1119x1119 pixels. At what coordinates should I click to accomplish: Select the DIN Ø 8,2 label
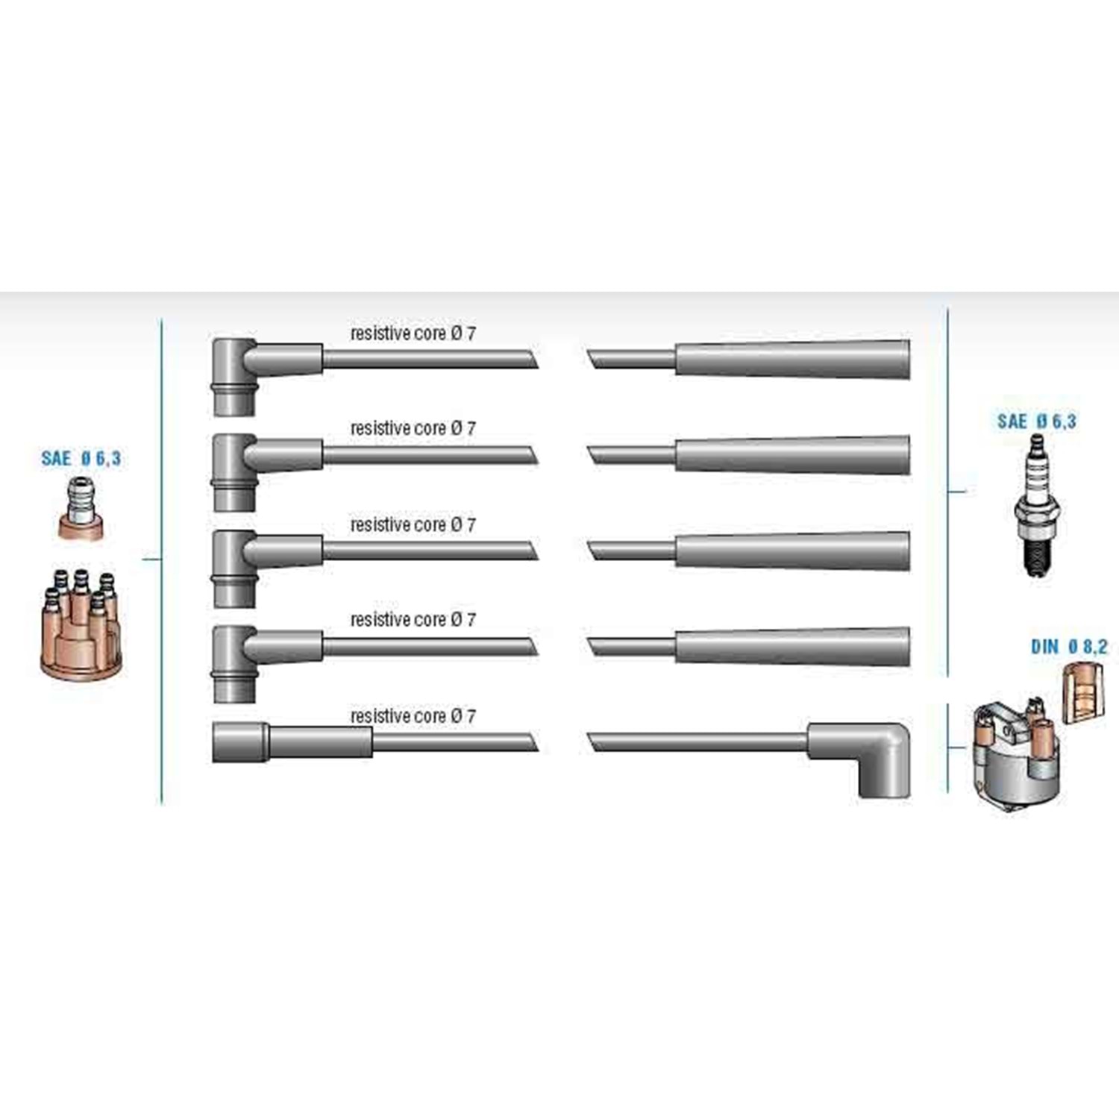(x=1069, y=646)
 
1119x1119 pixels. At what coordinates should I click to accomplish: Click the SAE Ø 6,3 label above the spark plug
(x=1037, y=421)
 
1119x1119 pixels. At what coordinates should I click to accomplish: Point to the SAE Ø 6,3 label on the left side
(x=81, y=458)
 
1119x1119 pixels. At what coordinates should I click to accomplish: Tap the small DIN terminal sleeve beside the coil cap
(x=1082, y=692)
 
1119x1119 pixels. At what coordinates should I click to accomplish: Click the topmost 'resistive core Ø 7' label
(x=413, y=333)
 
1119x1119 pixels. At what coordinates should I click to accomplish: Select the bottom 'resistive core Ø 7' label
(x=413, y=715)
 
